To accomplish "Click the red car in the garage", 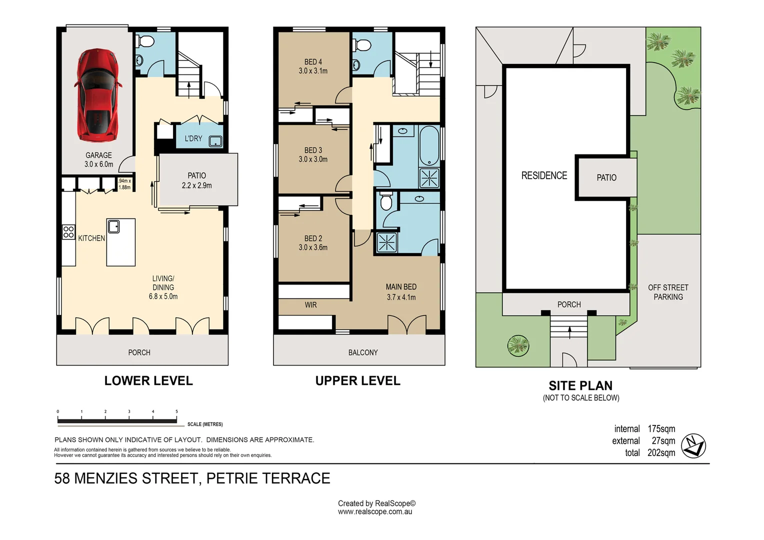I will [x=98, y=95].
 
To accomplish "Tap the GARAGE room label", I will [x=98, y=155].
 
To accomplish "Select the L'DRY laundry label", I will [x=193, y=138].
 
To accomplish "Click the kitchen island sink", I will [x=113, y=226].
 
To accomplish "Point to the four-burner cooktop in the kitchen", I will [x=68, y=232].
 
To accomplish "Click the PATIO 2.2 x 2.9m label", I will [x=196, y=180].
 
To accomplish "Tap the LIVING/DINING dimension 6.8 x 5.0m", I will [x=163, y=296].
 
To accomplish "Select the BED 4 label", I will [x=313, y=62].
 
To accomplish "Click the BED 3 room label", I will [x=313, y=150].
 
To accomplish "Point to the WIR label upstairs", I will [x=310, y=305].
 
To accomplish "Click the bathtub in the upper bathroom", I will [x=429, y=145].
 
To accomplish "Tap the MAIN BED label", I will [x=400, y=287].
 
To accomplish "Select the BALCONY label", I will [x=363, y=352].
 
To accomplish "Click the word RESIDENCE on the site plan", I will [x=544, y=175].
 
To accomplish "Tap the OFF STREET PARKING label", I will [x=668, y=292].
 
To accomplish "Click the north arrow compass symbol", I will [x=693, y=445].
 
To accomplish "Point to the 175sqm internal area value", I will [x=661, y=429].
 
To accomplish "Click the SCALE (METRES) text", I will [x=205, y=424].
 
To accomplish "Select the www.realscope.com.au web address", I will [x=375, y=512].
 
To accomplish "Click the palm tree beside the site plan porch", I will [x=518, y=345].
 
